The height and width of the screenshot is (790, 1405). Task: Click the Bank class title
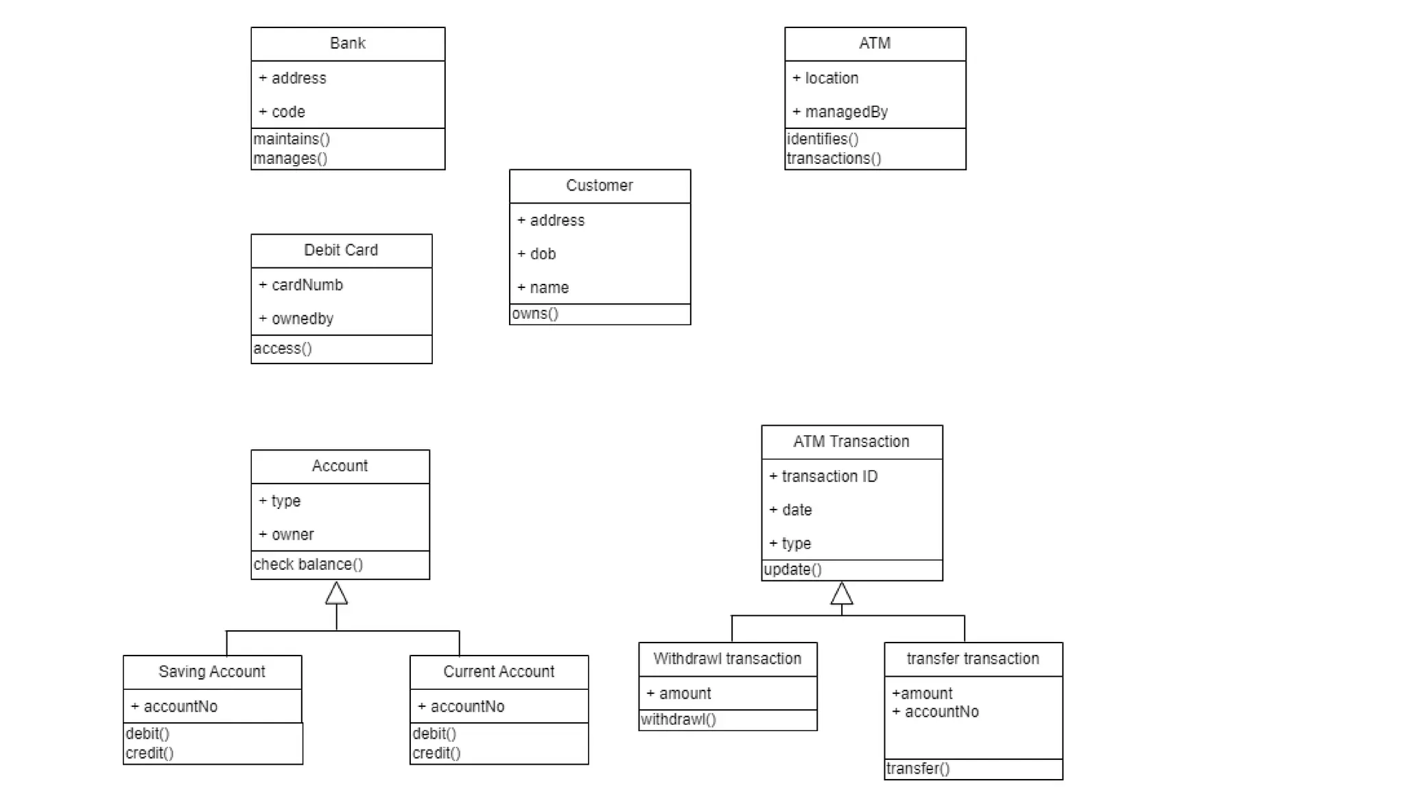pos(347,43)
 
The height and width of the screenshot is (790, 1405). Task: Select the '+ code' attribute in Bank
pos(282,112)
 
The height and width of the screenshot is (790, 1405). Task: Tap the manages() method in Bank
pos(290,158)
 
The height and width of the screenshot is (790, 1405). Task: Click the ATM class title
pos(875,43)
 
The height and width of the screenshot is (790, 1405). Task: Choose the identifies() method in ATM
pos(823,139)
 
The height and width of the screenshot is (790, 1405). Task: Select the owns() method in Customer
pos(535,314)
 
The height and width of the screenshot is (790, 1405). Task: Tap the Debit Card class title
pos(341,250)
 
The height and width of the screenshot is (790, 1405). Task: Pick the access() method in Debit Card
pos(283,348)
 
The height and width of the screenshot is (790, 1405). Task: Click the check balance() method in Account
pos(308,564)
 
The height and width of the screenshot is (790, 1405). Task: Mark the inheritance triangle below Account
pos(336,594)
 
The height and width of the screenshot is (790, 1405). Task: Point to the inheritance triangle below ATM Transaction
pos(842,594)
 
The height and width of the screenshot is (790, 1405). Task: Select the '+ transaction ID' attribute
pos(823,477)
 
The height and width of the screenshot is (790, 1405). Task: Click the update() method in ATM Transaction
pos(792,570)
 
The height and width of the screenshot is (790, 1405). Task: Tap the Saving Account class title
pos(211,671)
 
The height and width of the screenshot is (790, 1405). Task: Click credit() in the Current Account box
pos(436,753)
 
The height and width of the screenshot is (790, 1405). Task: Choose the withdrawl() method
pos(678,719)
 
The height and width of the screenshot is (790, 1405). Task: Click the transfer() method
pos(918,769)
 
